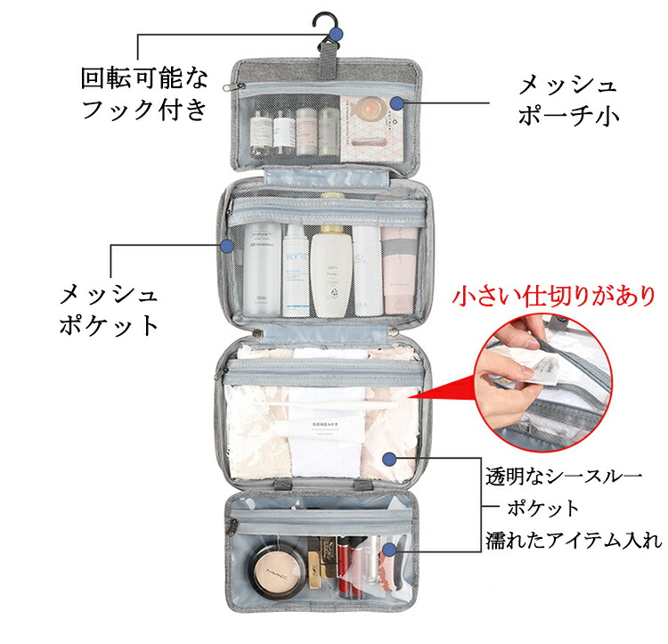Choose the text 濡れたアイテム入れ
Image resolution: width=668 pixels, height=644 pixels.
[574, 540]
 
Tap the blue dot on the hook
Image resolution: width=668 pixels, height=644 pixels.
[336, 34]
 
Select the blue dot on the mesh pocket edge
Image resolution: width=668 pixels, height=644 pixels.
[226, 245]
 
